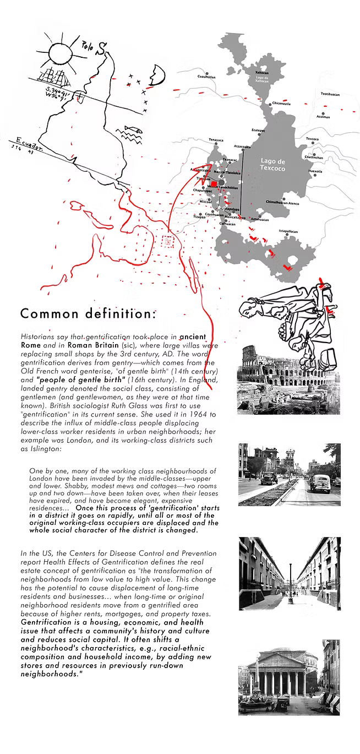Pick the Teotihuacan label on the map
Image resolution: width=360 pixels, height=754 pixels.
tap(330, 94)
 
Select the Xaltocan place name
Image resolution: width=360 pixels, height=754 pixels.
tap(262, 73)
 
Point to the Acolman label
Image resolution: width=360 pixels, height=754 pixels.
tap(323, 117)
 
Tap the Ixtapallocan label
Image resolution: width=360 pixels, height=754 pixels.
tap(288, 231)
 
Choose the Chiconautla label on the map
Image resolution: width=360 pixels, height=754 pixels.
tap(281, 104)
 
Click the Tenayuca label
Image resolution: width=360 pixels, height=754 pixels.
tap(216, 140)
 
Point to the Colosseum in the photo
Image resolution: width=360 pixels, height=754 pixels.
tap(264, 364)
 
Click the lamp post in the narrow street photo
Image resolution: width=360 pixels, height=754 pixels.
tap(290, 578)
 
